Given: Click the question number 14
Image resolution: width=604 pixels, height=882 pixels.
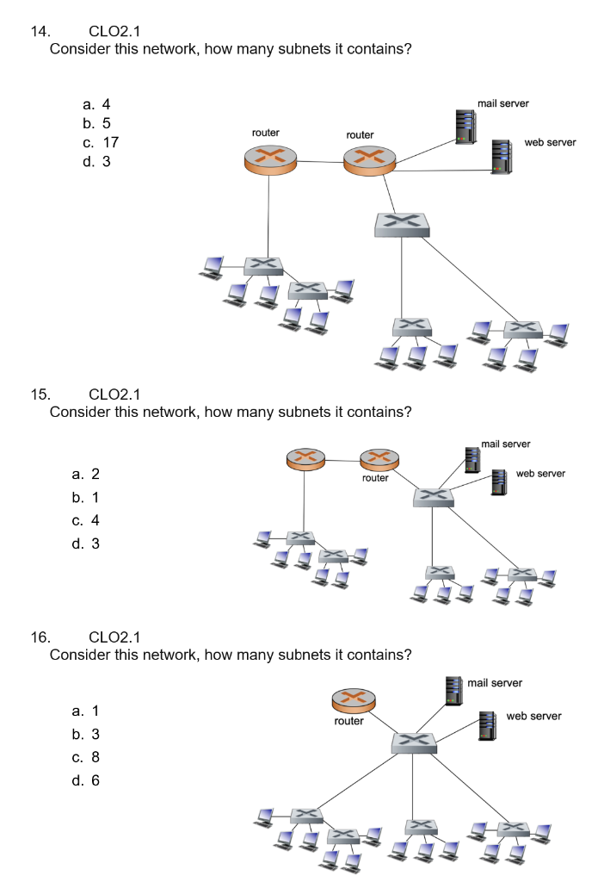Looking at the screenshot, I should click(x=40, y=32).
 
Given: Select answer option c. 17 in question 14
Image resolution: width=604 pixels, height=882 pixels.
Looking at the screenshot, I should click(x=101, y=142).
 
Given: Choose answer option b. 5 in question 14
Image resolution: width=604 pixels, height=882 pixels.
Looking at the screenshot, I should click(x=97, y=123).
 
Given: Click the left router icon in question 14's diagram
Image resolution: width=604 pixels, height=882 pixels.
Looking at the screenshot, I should click(x=268, y=160).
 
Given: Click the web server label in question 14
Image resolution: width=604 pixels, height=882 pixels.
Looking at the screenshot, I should click(x=550, y=142).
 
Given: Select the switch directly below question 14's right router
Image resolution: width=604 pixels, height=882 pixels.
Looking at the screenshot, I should click(x=402, y=225).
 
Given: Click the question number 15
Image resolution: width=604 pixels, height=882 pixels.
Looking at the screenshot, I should click(x=40, y=394).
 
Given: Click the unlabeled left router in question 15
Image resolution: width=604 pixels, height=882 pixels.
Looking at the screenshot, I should click(x=305, y=459).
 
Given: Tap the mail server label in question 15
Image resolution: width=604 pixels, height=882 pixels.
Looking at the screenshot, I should click(x=506, y=444).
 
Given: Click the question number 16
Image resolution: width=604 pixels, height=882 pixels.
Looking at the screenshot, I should click(x=40, y=637).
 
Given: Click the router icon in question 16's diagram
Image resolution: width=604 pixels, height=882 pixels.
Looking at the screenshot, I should click(x=349, y=699).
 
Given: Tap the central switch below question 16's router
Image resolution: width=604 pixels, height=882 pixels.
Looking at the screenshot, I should click(x=413, y=741).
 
